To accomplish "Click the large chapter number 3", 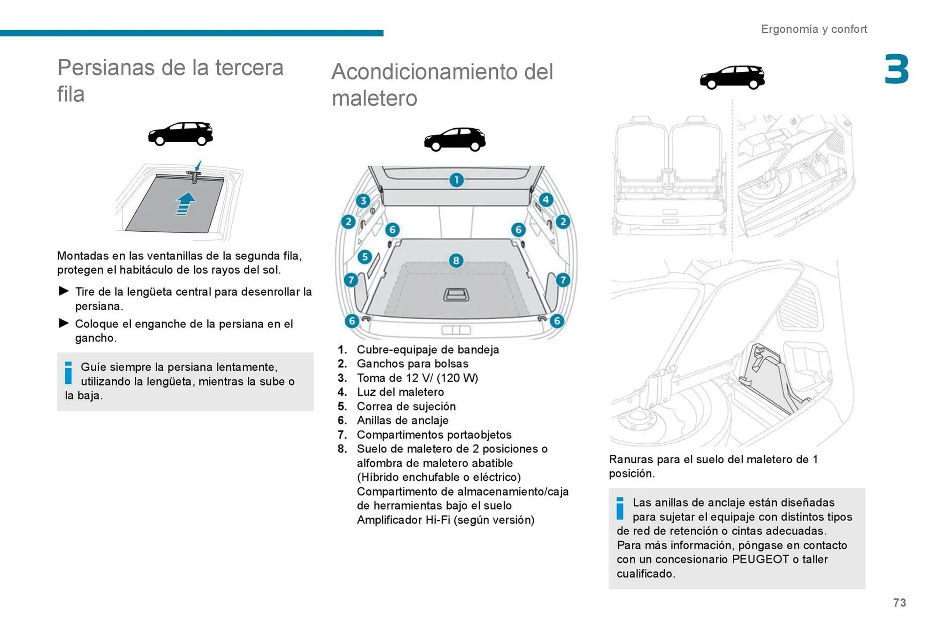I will point(896,69).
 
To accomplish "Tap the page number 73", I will point(899,603).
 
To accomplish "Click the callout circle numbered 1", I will point(456,180).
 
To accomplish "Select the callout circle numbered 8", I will point(456,260).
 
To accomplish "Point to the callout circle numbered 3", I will point(363,201).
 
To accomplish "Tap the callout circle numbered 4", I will point(546,200).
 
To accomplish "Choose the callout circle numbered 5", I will point(364,257).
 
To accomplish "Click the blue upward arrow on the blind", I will point(185,203).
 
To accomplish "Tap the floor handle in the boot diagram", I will point(456,295).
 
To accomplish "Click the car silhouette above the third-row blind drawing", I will point(181,133).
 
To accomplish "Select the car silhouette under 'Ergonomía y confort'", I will point(732,77).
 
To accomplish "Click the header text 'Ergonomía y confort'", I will point(814,29).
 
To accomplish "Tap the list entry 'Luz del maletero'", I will point(400,392).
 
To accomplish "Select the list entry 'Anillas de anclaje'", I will point(403,420).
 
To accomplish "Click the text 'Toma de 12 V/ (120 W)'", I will point(417,378).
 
